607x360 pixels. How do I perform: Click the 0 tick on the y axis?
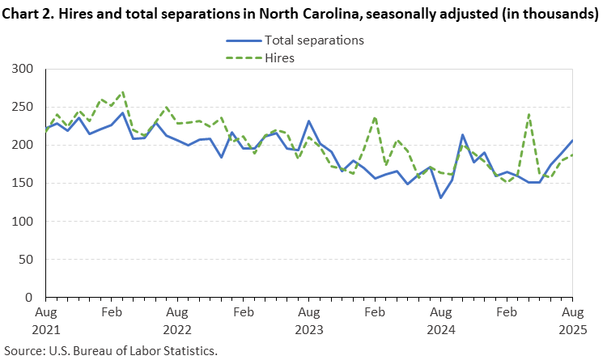(x=34, y=298)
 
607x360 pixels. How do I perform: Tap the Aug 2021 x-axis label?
(x=45, y=320)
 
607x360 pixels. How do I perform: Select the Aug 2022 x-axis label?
(x=176, y=320)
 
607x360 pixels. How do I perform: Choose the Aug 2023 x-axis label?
(x=308, y=320)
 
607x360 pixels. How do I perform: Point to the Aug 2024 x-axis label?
(x=440, y=320)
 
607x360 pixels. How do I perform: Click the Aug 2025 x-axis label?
(x=571, y=320)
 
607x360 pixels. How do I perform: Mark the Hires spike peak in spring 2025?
(x=528, y=114)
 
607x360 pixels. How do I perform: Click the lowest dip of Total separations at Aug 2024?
(x=440, y=197)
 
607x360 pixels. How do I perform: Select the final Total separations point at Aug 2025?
(x=572, y=141)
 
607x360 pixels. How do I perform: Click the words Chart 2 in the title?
(x=27, y=14)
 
